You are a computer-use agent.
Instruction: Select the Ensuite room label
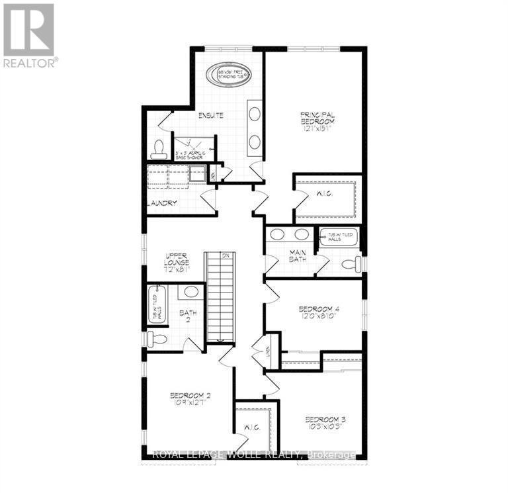point(211,116)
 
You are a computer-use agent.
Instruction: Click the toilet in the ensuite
point(159,150)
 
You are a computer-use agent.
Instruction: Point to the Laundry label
point(162,203)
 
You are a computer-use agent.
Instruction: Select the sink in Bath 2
point(192,292)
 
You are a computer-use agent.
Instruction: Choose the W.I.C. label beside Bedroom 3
point(252,427)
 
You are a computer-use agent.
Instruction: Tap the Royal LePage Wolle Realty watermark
point(254,455)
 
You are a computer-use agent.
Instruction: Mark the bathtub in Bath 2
point(157,304)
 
